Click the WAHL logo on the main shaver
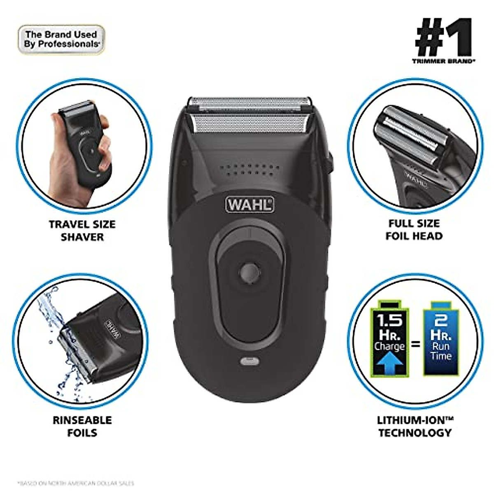click(249, 204)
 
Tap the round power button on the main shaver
click(249, 271)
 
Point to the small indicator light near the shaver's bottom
click(249, 362)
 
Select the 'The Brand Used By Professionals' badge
click(61, 40)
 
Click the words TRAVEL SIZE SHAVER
click(82, 231)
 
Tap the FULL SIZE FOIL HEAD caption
click(415, 230)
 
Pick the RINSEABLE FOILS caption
click(82, 426)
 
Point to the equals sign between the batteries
click(415, 343)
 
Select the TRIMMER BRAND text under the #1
click(443, 61)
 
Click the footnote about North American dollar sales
click(76, 483)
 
